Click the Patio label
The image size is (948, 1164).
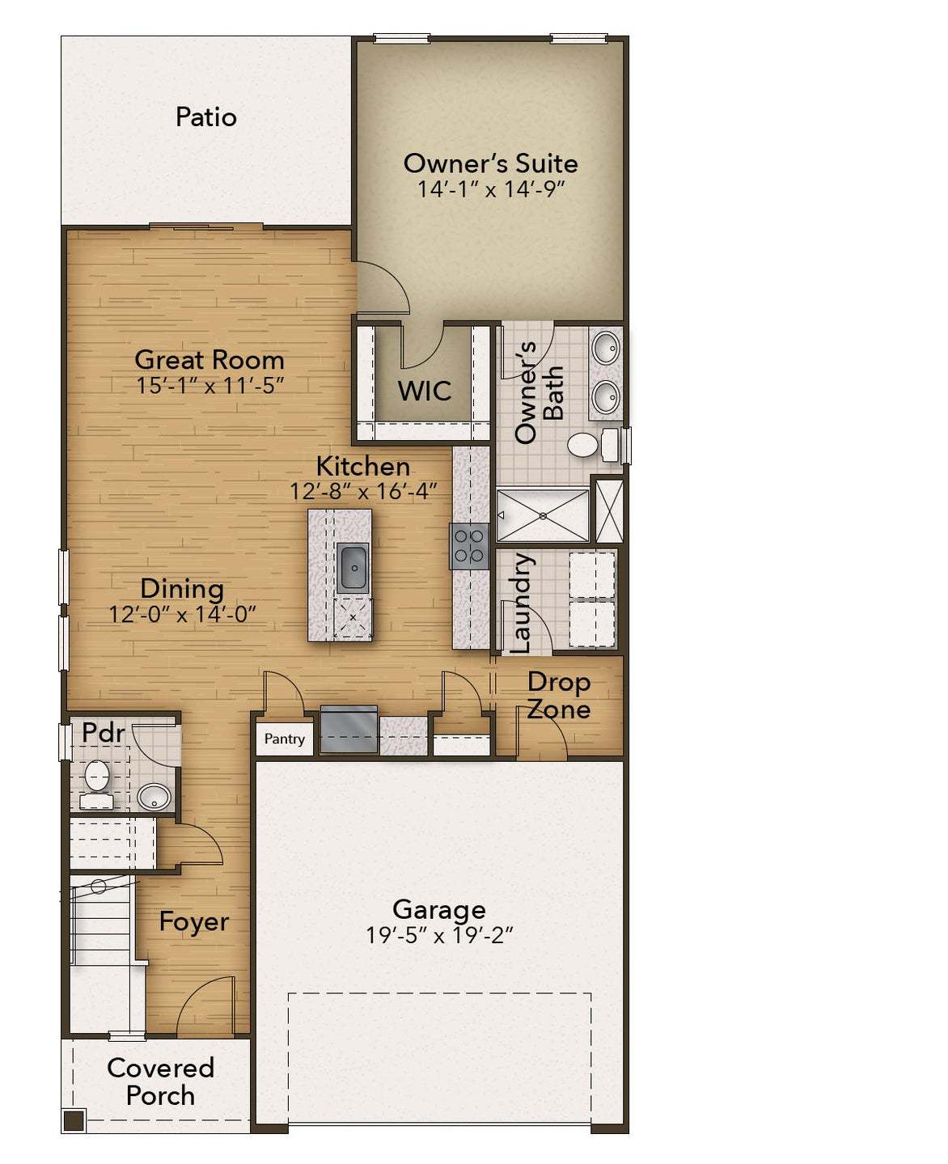click(206, 117)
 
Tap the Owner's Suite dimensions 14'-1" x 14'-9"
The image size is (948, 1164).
click(490, 189)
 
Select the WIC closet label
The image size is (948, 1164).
click(424, 392)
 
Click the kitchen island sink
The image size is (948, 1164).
click(353, 567)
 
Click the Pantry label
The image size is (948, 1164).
click(285, 739)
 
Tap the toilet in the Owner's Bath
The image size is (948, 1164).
click(582, 445)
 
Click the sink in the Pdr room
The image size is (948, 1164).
click(154, 797)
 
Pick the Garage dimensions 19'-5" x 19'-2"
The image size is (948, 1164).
click(439, 936)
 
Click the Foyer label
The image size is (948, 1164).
click(193, 922)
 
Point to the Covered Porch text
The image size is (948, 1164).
click(160, 1081)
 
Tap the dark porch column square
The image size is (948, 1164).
click(74, 1120)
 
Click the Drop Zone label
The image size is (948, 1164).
click(558, 696)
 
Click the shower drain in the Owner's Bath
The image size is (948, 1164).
click(543, 515)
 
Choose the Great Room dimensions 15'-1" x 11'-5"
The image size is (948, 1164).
click(209, 386)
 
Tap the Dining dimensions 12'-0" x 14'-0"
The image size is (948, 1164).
click(182, 615)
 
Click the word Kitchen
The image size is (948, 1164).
click(362, 467)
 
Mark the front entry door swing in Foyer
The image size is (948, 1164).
click(202, 1003)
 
